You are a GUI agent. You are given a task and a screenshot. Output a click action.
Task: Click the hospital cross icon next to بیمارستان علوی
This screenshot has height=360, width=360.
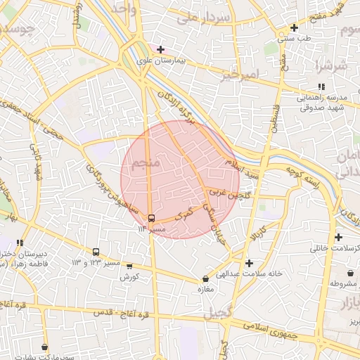coord(161,49)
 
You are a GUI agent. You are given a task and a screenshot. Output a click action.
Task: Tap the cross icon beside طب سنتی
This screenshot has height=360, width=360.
coord(295,28)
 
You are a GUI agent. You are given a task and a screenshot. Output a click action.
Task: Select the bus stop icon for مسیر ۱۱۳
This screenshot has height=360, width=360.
coord(152,217)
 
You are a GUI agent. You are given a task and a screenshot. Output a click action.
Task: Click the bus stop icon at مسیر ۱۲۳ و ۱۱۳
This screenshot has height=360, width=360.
coord(96,252)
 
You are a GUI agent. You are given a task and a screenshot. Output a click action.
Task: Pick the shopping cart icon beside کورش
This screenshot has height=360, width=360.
coord(129,266)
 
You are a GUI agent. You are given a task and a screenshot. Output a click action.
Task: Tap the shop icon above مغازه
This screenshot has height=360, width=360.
coord(205,279)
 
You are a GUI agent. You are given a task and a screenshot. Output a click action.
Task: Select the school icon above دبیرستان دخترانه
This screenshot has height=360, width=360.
coord(20,243)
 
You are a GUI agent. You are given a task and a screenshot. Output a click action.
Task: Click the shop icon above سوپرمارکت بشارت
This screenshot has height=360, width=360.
coord(45,347)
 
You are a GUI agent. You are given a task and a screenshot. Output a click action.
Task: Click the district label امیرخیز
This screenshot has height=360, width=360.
coord(240,75)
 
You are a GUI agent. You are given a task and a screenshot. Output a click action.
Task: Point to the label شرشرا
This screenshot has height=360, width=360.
coord(333,67)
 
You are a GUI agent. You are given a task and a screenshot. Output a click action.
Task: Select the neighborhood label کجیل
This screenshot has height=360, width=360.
coord(218,316)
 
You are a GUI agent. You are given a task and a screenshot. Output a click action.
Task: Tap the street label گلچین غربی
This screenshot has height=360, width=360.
coord(226,191)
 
